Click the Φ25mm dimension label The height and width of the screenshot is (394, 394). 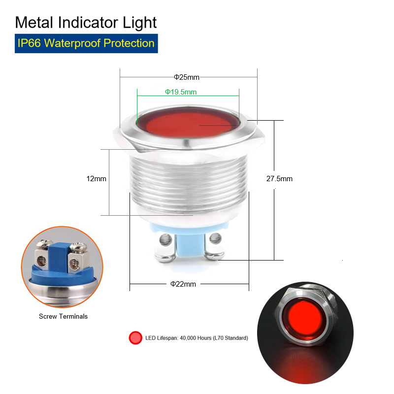point(187,77)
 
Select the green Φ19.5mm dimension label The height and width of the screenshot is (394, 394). point(181,92)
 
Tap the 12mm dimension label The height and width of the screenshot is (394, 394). point(96,179)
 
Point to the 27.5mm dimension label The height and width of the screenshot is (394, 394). point(279,179)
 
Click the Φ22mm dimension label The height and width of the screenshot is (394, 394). point(183,284)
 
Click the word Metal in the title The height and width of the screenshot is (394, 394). point(34,23)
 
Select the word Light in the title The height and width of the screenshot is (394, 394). point(139,23)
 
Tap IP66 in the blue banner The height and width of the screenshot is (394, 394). point(29,43)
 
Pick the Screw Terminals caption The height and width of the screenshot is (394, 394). point(64,316)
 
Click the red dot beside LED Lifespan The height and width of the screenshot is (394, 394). point(135,338)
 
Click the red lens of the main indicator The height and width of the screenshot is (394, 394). point(188,123)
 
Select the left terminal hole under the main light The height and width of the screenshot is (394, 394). point(164,239)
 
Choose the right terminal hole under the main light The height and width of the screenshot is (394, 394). point(215,238)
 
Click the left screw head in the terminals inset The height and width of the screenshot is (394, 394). point(44,243)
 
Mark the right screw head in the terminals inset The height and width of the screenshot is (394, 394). point(78,247)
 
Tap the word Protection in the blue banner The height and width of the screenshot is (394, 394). point(129,43)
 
